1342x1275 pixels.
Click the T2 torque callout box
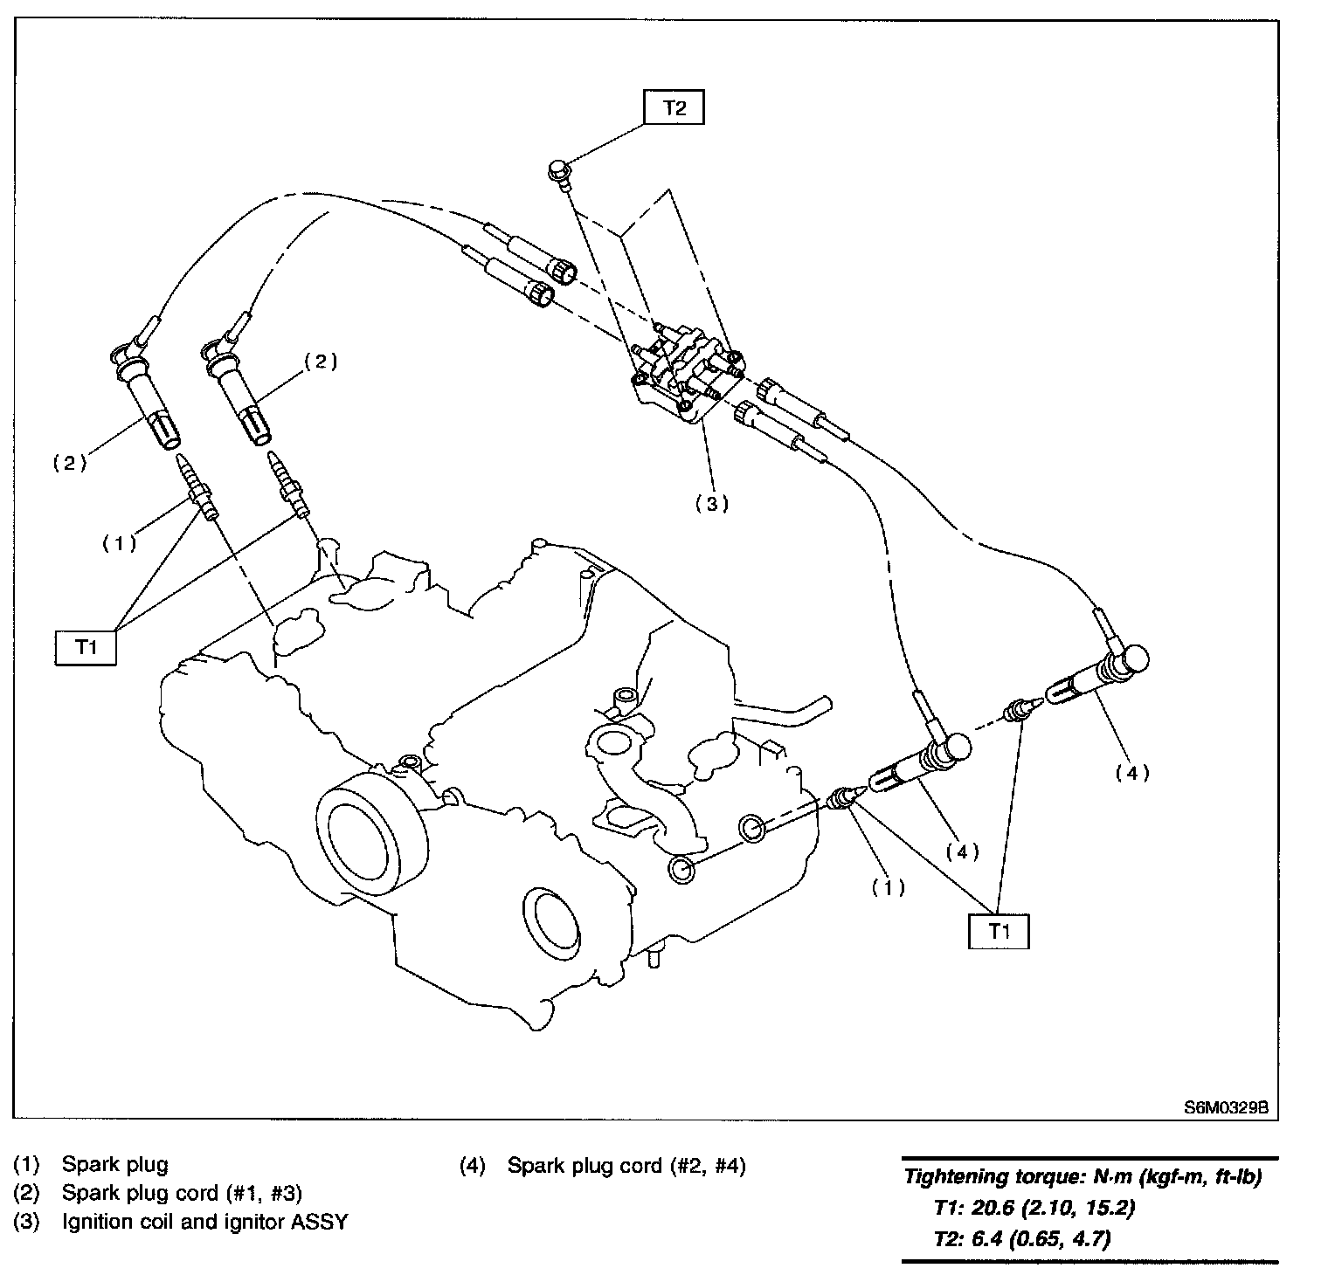pos(674,108)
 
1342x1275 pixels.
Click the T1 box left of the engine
pos(85,647)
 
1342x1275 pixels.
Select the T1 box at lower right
pos(999,931)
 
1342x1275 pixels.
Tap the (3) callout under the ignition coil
pos(712,503)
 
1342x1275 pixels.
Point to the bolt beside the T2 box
pos(558,171)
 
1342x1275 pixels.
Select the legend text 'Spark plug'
pos(114,1164)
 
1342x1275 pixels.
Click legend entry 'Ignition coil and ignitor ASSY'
pos(204,1222)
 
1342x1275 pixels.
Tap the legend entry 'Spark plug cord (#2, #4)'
pos(626,1166)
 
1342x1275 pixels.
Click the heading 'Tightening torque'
pos(994,1178)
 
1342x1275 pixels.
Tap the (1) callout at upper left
pos(119,543)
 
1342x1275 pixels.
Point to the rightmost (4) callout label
pos(1132,772)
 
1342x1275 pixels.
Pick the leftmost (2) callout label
pos(70,463)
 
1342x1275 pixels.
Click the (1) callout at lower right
pos(889,887)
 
